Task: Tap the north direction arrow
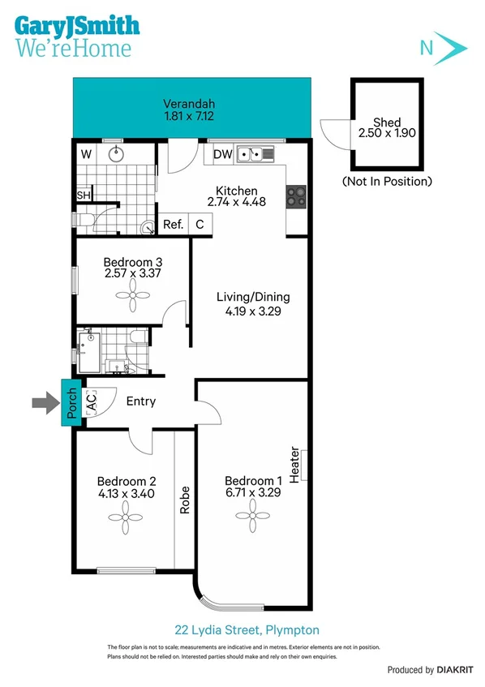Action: [x=451, y=48]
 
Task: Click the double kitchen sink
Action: [x=260, y=152]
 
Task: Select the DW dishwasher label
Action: [x=223, y=154]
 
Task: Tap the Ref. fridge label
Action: [x=173, y=225]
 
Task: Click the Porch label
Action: [x=71, y=401]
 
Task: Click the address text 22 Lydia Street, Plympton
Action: [x=247, y=629]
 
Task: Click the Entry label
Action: [x=140, y=401]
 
